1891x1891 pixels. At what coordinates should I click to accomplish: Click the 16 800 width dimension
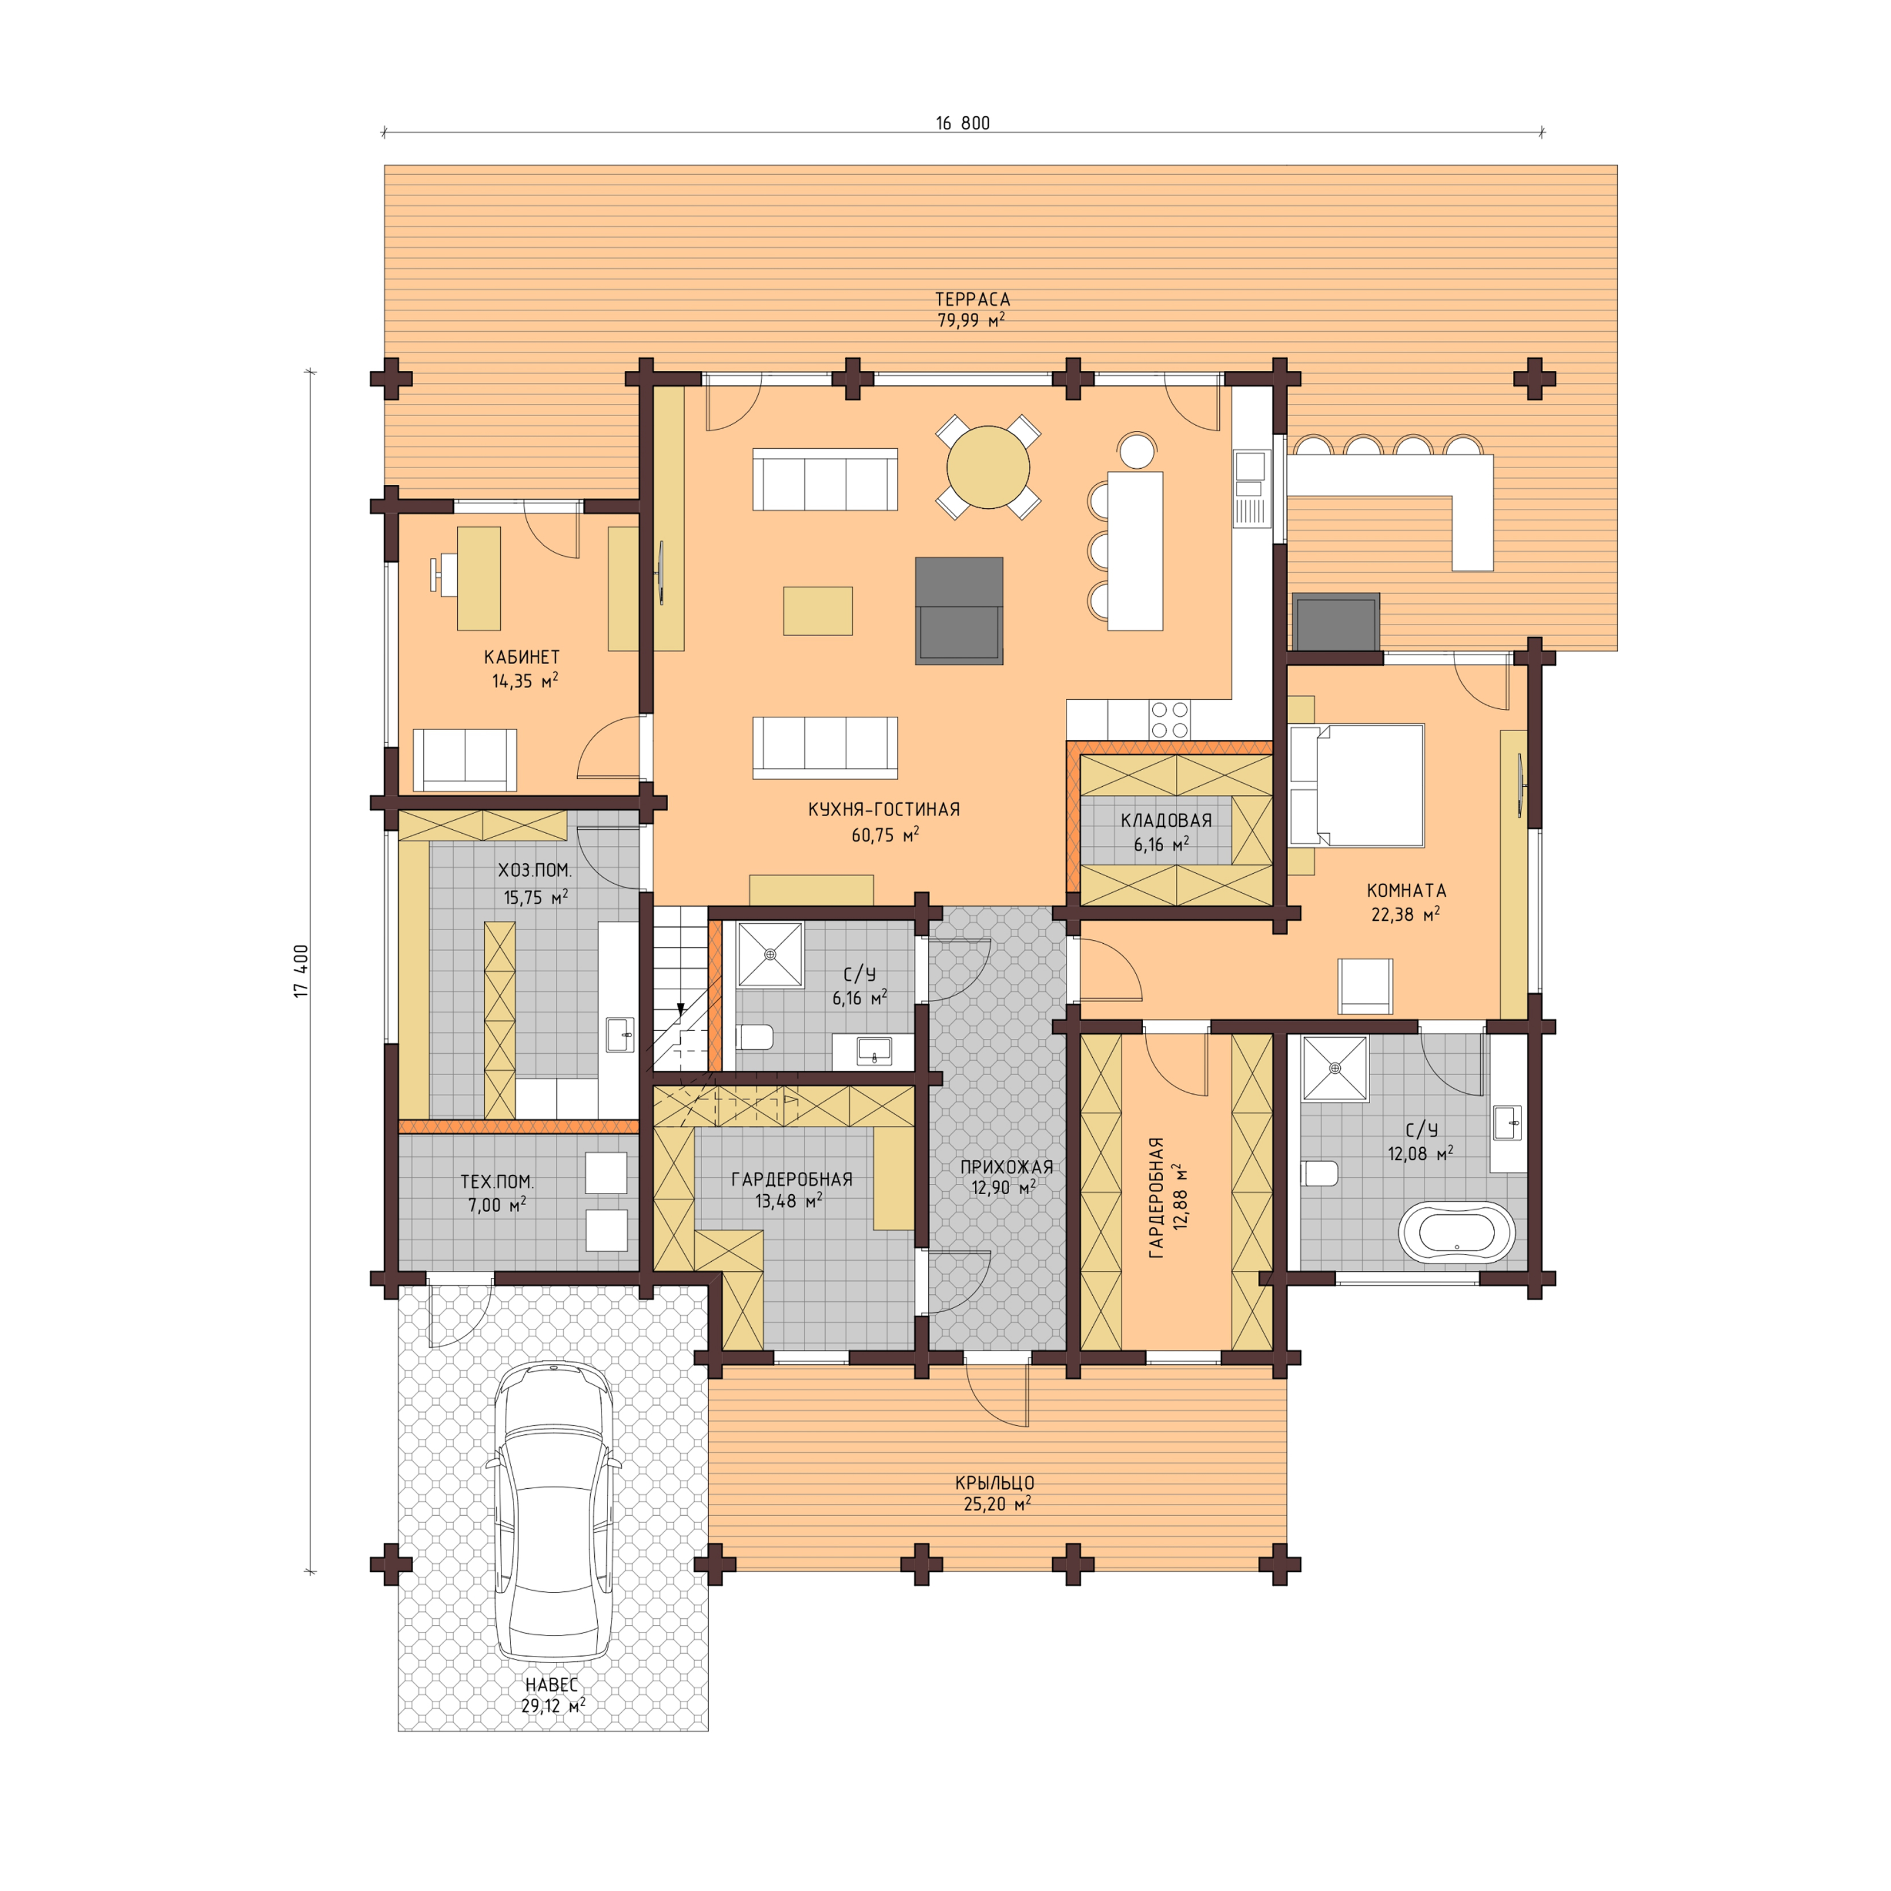[x=962, y=123]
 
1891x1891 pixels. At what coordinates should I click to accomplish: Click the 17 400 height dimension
[x=301, y=971]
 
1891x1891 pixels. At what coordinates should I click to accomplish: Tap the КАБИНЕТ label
[x=521, y=657]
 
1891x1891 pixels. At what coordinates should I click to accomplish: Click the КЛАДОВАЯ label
[x=1166, y=820]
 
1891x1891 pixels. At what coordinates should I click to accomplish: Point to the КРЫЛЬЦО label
[x=994, y=1483]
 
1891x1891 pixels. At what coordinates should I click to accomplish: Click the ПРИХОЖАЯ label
[x=1006, y=1167]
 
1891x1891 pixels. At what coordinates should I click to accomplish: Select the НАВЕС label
[x=552, y=1685]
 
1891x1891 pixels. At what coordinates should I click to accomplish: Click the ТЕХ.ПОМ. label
[x=497, y=1182]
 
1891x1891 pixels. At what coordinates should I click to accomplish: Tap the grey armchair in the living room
[x=959, y=611]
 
